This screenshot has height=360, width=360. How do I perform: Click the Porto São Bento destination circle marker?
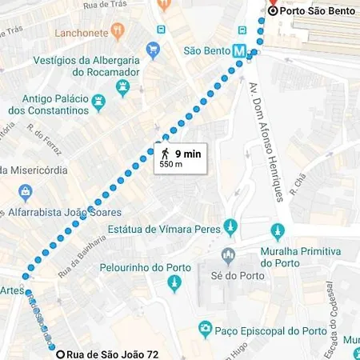point(273,11)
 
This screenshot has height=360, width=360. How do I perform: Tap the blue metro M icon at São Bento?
point(238,50)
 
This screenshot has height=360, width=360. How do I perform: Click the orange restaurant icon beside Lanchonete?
point(118,32)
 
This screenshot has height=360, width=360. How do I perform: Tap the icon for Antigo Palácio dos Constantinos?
point(98,102)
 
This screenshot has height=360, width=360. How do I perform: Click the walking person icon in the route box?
point(165,152)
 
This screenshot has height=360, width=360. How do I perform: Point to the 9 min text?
point(189,152)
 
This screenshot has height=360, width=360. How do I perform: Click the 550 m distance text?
point(171,164)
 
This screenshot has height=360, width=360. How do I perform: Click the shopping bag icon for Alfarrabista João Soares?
point(26,192)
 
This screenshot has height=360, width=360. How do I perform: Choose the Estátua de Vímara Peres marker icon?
point(230,227)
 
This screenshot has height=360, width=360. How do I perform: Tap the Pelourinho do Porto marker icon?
point(174,284)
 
